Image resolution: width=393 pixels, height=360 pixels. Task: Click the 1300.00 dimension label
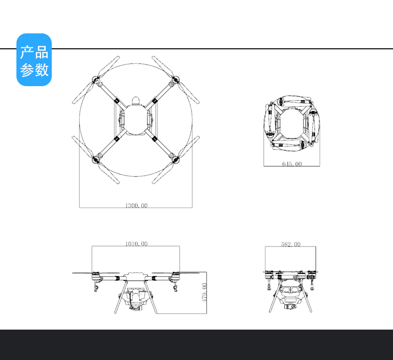136,206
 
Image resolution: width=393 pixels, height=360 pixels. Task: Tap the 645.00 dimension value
292,164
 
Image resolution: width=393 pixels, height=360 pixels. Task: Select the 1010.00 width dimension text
136,243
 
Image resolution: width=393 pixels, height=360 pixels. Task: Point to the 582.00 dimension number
291,244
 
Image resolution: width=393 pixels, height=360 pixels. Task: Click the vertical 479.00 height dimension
204,292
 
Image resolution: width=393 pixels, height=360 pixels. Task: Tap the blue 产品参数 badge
34,60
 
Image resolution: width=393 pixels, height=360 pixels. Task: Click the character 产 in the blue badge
27,52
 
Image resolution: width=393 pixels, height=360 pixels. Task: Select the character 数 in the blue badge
42,70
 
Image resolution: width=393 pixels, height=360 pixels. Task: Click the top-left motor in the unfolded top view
96,80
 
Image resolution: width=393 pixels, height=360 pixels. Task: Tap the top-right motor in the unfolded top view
176,80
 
